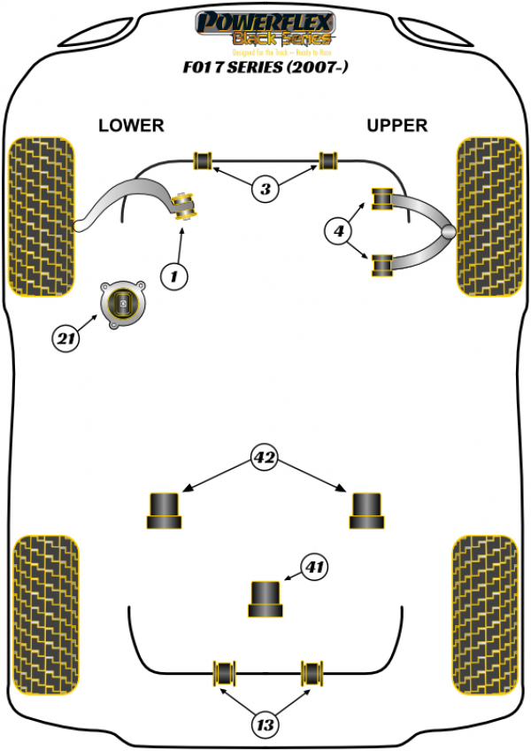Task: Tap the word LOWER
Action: pos(131,125)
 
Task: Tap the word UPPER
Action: pos(396,125)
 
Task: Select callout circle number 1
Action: pos(174,277)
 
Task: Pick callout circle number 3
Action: pos(265,188)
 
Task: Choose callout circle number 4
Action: pos(339,232)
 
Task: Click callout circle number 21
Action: pos(65,337)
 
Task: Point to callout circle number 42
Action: pos(265,459)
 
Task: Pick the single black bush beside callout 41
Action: pos(265,599)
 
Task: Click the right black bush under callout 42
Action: pos(366,509)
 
